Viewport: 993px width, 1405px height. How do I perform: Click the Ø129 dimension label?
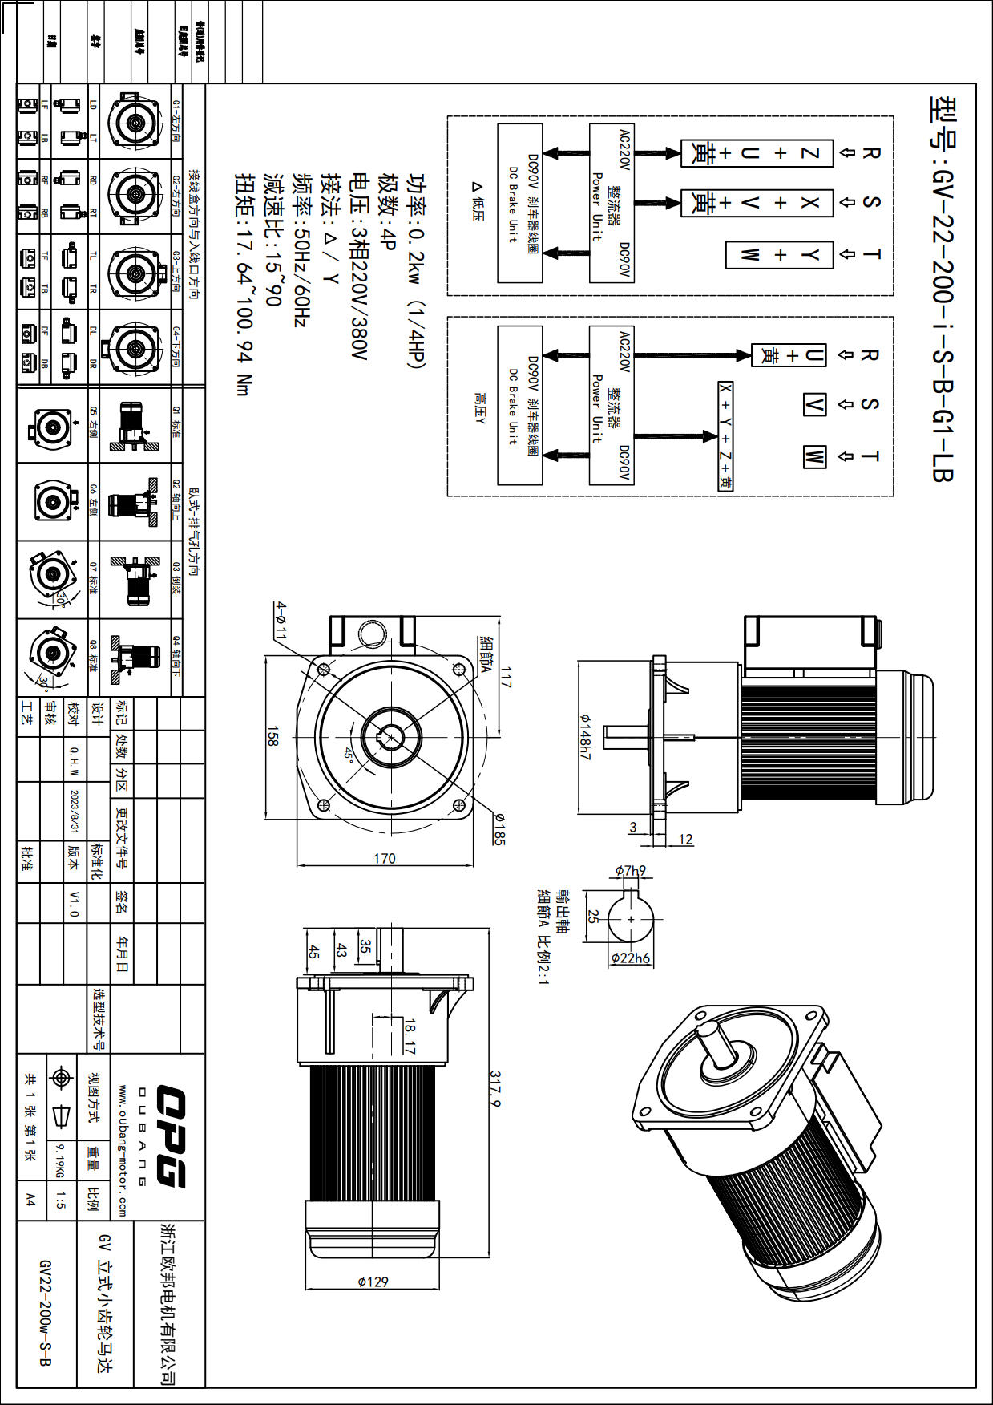click(x=373, y=1282)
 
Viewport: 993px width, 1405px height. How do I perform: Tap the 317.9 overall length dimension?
click(x=495, y=1088)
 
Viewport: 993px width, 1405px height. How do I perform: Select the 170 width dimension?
click(x=385, y=858)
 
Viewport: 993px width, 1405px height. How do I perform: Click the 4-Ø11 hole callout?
click(x=281, y=620)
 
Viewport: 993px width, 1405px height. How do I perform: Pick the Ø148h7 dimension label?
click(x=584, y=737)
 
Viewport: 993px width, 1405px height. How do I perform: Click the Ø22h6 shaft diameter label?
click(x=631, y=958)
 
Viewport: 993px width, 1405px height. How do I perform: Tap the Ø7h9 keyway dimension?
click(x=631, y=871)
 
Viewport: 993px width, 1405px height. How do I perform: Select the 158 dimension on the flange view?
click(x=272, y=737)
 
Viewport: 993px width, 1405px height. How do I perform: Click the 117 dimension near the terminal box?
click(x=506, y=676)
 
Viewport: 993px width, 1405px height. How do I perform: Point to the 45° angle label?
click(x=349, y=755)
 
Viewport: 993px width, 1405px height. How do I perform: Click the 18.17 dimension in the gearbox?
click(x=410, y=1037)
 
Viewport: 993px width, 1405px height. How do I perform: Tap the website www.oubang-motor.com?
click(x=123, y=1150)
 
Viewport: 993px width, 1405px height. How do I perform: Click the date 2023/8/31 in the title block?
click(x=75, y=812)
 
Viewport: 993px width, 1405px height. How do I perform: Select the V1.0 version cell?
click(x=75, y=903)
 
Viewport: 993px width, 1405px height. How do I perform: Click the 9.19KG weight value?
click(x=60, y=1160)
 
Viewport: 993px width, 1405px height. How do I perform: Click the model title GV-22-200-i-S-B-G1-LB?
click(x=942, y=289)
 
